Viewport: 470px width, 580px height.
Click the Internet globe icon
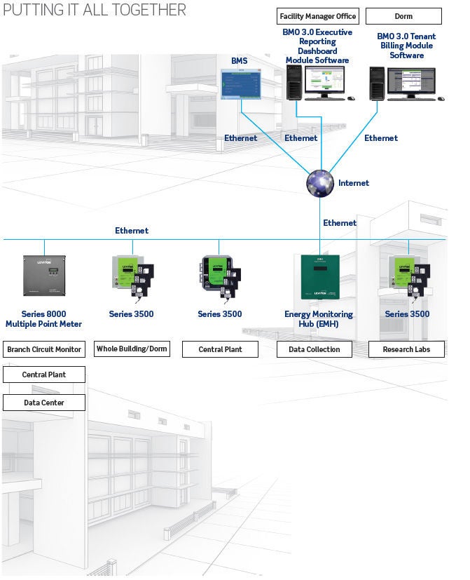pos(321,182)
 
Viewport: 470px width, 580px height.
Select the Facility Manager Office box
pos(317,16)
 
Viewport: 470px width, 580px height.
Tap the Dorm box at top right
pos(403,16)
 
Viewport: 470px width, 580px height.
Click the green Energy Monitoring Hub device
pos(319,278)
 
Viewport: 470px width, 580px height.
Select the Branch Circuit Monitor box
pos(44,349)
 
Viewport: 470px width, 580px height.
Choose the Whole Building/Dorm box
pos(132,349)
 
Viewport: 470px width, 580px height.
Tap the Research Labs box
pos(406,349)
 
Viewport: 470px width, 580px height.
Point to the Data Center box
pos(44,403)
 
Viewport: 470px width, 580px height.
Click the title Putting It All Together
pos(95,10)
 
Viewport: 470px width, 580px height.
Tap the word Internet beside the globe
pos(354,183)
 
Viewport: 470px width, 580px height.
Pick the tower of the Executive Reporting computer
pos(293,83)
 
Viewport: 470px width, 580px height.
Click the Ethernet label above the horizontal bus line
pos(132,230)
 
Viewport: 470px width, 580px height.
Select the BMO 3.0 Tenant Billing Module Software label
pos(406,46)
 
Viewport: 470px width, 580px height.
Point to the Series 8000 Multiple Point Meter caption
pos(44,319)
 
